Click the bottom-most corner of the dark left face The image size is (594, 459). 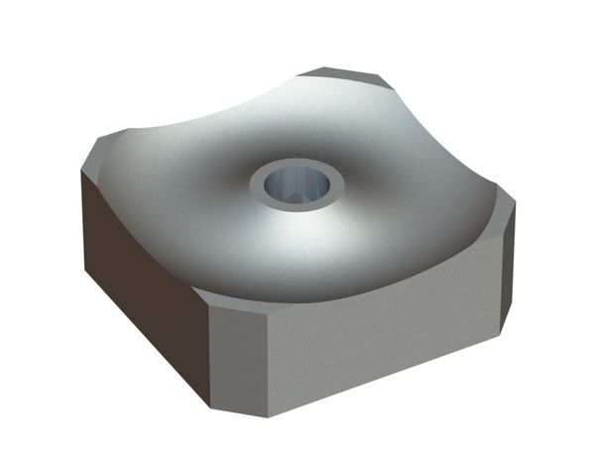[x=211, y=404]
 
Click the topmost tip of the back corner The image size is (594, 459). [x=322, y=68]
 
